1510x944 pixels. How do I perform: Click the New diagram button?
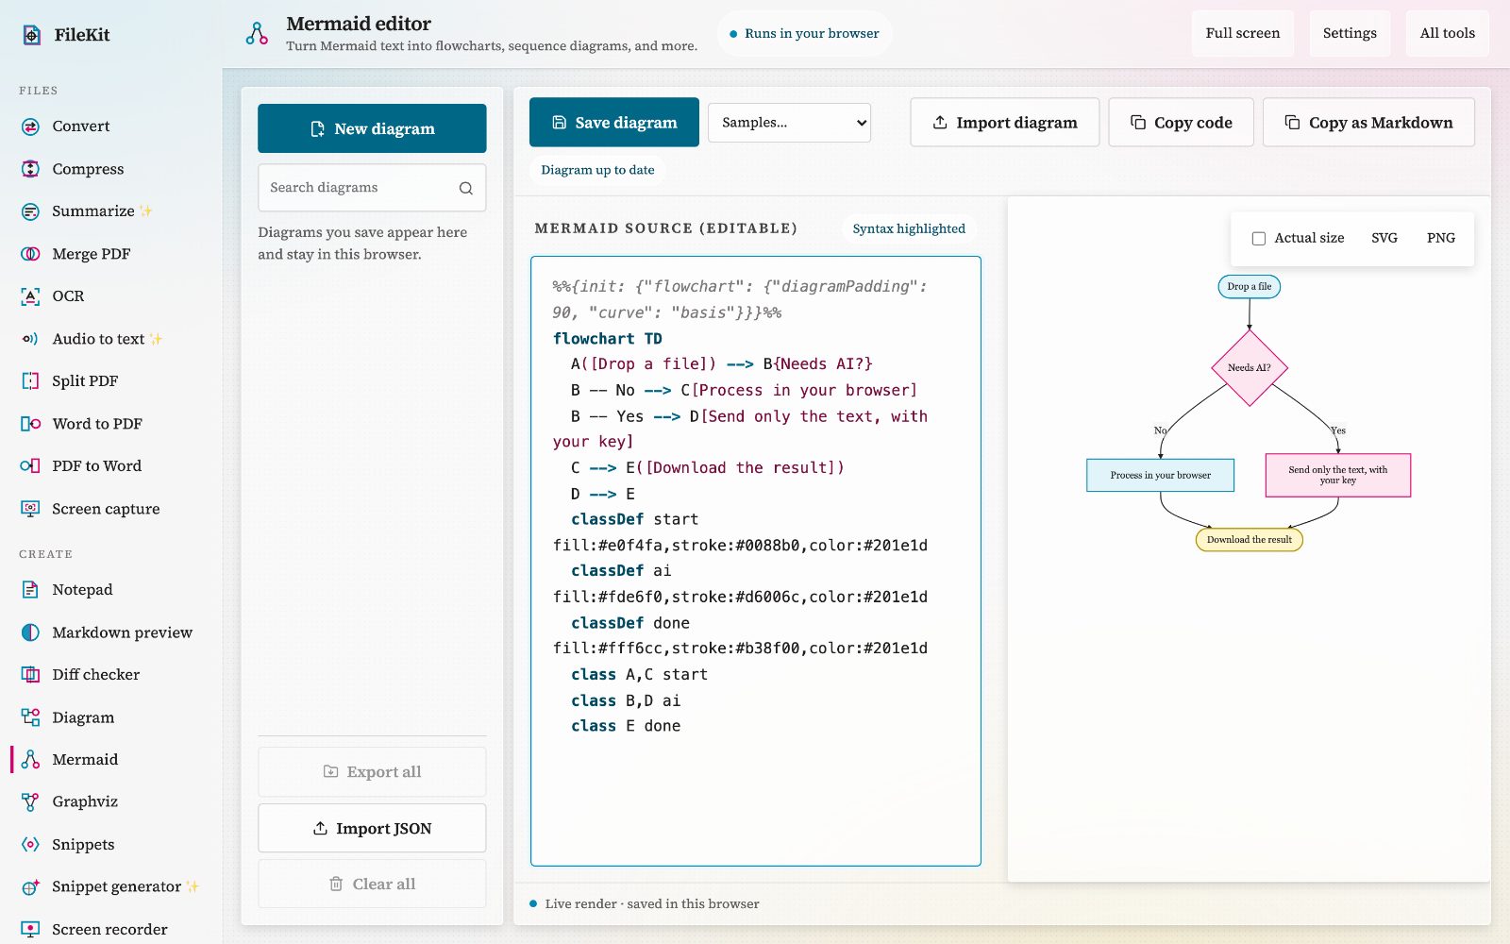(372, 128)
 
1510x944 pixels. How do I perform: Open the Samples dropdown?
(789, 122)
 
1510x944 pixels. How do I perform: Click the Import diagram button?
(1004, 122)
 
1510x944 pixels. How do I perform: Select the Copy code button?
(1181, 122)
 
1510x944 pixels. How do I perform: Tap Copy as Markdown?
(1368, 122)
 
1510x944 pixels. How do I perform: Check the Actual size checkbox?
(1259, 238)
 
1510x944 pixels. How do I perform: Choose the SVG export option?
(1384, 237)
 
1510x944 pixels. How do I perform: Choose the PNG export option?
(1440, 237)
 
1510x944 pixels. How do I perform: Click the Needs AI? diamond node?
(1250, 367)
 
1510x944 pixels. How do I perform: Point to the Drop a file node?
(1250, 287)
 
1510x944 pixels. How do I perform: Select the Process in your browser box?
(1160, 476)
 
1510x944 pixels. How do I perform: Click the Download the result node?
(1250, 539)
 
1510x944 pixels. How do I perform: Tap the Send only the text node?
(1338, 476)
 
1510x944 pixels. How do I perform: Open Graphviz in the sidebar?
(85, 801)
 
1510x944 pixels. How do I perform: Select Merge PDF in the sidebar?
(91, 254)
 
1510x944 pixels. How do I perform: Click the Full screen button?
(1242, 33)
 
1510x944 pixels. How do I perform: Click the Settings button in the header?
(1350, 33)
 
